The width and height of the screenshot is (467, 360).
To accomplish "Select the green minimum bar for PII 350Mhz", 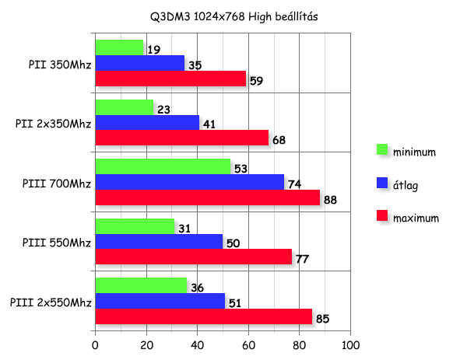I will [119, 47].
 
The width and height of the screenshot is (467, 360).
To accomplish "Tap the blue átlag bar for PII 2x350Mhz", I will [146, 122].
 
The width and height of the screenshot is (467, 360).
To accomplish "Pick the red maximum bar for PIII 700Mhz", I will [207, 197].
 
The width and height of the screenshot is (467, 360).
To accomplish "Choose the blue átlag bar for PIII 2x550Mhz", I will [160, 301].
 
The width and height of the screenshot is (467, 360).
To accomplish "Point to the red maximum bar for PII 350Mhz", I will [170, 79].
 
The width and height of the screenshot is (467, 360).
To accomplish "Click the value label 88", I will [331, 200].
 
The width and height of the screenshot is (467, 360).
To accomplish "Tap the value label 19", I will [155, 50].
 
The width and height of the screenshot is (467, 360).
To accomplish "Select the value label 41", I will [210, 124].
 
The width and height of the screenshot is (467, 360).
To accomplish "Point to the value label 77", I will [303, 259].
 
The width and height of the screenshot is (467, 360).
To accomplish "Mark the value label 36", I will [197, 288].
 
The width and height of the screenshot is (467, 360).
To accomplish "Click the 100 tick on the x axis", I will [350, 344].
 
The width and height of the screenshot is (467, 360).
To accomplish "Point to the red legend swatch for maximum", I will [382, 217].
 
